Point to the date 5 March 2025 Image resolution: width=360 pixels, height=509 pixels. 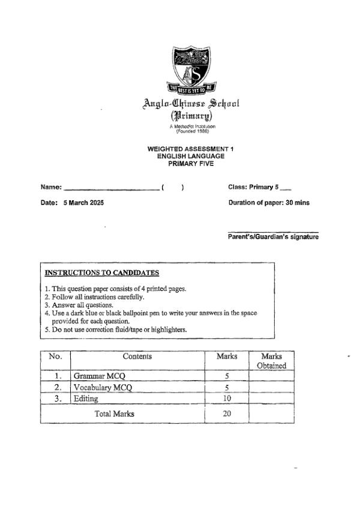click(x=83, y=203)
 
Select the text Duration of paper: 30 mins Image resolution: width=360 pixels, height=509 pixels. click(x=269, y=203)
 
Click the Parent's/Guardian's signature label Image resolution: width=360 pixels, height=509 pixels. click(x=273, y=237)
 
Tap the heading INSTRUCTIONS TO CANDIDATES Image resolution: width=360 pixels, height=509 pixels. click(x=94, y=273)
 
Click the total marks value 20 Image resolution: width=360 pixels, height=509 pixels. click(x=227, y=414)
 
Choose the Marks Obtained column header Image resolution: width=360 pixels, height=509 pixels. click(x=271, y=361)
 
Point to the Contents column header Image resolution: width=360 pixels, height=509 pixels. click(x=137, y=357)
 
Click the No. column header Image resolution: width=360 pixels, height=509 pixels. click(x=55, y=357)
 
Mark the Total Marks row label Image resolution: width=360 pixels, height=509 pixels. click(x=115, y=414)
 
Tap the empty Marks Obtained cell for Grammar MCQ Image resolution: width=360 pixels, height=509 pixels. click(x=271, y=376)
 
